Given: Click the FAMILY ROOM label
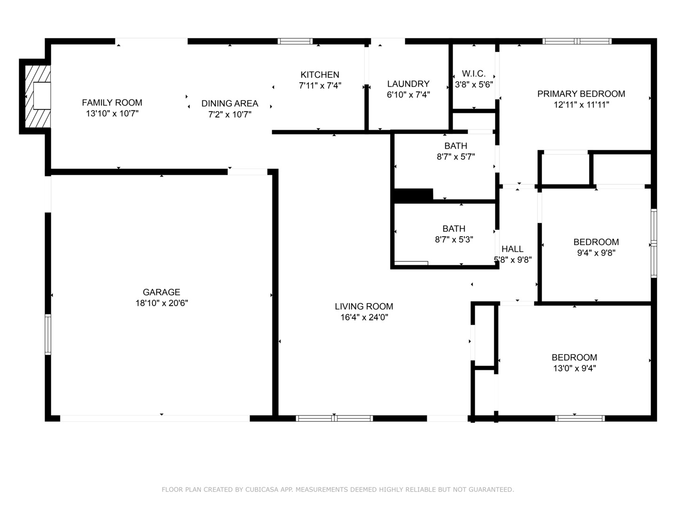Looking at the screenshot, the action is coord(112,102).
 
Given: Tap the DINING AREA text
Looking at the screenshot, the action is coord(230,103).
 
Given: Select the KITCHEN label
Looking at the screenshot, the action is coord(320,75).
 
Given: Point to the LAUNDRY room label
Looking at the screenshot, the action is coord(408,84).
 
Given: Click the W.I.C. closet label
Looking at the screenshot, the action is coord(474,74).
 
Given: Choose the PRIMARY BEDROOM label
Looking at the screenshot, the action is coord(581,94).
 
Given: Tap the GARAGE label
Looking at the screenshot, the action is coord(161,292).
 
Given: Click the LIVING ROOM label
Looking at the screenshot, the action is coord(364,306).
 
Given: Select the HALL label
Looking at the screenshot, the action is coord(513,249).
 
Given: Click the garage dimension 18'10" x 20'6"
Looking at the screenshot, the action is coord(161,303).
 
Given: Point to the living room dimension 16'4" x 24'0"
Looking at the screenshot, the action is coord(364,317).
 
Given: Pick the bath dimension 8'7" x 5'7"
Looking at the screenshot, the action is coord(456,157).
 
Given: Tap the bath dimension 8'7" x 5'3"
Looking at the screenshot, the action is coord(454,239).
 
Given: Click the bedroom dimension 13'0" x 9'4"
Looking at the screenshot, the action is coord(575,369).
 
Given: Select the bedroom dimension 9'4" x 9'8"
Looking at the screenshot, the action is coord(596,253).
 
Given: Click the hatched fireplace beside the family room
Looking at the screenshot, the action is coord(38,96).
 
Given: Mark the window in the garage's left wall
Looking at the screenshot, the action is coord(48,334).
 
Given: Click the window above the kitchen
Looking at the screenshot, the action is coord(295,41).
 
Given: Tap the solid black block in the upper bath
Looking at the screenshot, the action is coord(413,195).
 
